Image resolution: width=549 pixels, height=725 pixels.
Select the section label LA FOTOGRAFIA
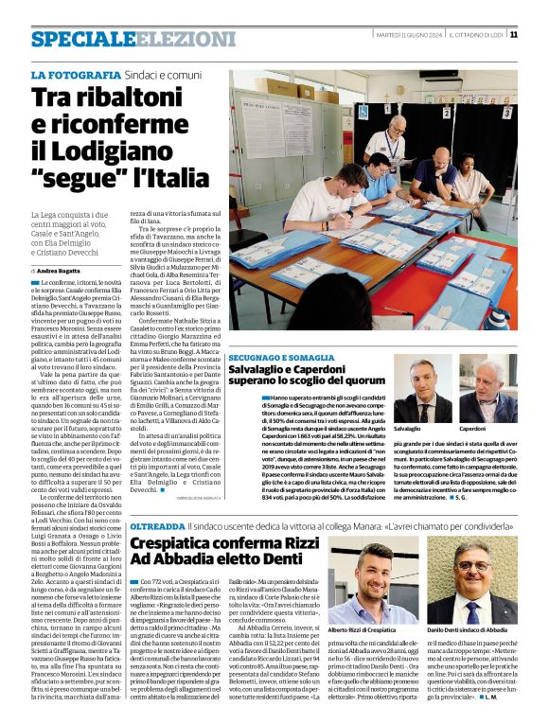point(69,74)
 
